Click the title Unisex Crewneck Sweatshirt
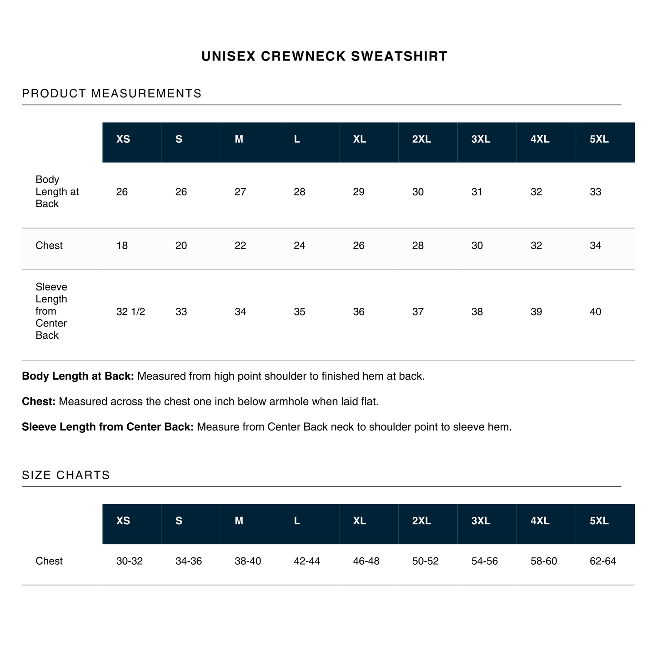coord(324,56)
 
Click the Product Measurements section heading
coord(111,94)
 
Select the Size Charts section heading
coord(66,475)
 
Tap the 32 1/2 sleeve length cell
coord(130,312)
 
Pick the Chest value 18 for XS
coord(122,246)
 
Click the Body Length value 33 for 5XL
coord(595,192)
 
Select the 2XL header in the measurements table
coord(421,140)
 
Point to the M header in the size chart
coord(239,521)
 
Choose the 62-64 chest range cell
coord(602,562)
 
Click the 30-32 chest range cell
coord(130,562)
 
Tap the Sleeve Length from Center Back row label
coord(51,311)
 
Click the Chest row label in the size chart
coord(49,562)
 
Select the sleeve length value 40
coord(595,312)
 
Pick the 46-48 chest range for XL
coord(366,562)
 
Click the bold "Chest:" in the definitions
coord(39,402)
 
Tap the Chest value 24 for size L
coord(299,246)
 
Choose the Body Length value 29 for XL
coord(358,192)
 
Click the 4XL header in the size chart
coord(540,521)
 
